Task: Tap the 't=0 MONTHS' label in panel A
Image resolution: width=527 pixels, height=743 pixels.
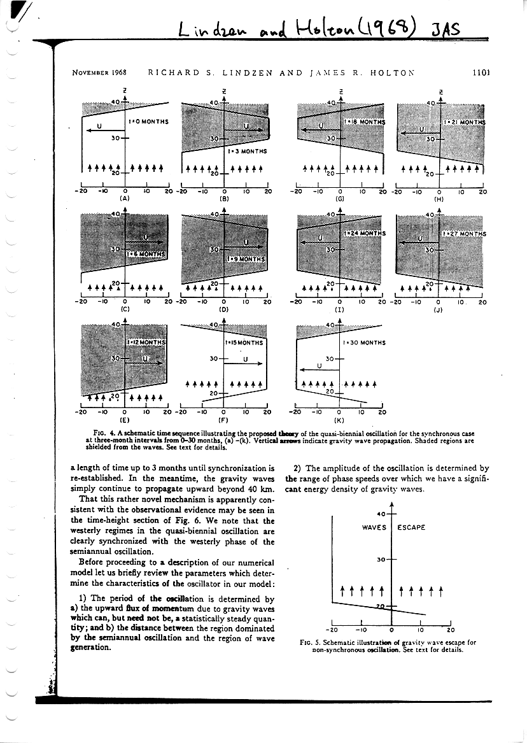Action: click(148, 121)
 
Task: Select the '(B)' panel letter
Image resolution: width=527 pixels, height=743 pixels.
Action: click(224, 198)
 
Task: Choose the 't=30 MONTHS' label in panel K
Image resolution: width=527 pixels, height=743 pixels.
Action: click(364, 343)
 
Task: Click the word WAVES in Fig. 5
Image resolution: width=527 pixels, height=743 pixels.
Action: click(375, 527)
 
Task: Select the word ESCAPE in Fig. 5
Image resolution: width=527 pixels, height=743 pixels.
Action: click(412, 527)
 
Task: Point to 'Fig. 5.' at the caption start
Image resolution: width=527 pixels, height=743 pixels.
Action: click(310, 642)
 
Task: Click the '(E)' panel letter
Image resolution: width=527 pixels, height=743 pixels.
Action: click(125, 420)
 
